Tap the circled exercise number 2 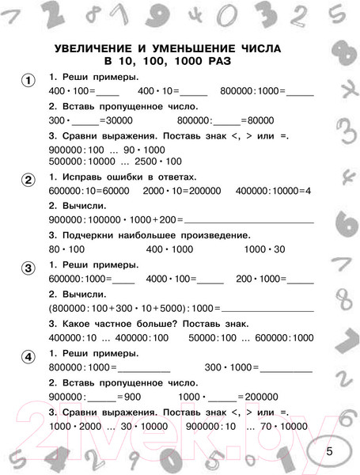coord(28,180)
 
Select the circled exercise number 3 coord(28,267)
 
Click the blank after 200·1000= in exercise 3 coord(298,279)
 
